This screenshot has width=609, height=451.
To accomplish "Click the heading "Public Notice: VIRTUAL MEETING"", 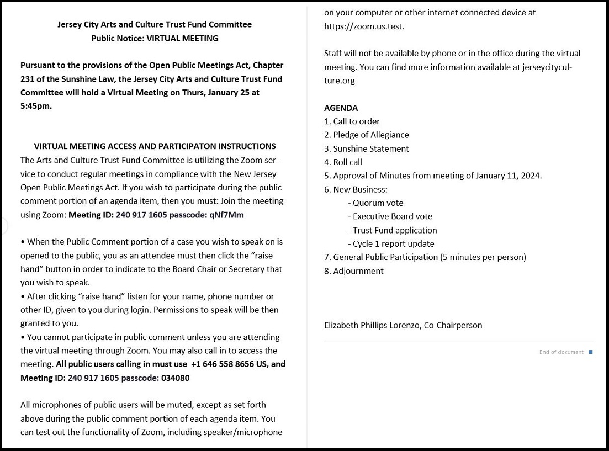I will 155,38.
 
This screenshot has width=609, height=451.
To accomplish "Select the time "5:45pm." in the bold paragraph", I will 36,106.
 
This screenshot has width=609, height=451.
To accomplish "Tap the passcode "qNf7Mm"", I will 226,215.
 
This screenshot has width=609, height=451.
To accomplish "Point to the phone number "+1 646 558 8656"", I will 223,364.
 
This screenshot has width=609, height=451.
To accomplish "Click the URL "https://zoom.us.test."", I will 364,26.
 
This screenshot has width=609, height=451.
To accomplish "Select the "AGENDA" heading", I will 341,108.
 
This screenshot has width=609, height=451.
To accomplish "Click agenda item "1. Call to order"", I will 352,121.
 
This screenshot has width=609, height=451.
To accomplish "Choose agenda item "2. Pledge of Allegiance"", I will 366,135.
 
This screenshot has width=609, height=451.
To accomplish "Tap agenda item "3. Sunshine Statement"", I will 366,148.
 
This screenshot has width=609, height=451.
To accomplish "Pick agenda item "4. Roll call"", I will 343,162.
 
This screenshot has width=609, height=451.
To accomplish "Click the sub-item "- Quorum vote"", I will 375,203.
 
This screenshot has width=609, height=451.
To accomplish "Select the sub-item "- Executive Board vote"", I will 390,216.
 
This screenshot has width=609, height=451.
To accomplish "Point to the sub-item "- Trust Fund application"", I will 392,230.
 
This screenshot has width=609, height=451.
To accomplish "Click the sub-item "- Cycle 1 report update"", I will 391,243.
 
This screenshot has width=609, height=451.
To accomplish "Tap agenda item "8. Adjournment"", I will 353,271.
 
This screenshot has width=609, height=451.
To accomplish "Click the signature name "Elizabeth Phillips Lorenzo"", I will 372,325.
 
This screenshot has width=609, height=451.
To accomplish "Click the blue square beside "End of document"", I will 590,352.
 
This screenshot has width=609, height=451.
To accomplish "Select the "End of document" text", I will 561,352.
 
